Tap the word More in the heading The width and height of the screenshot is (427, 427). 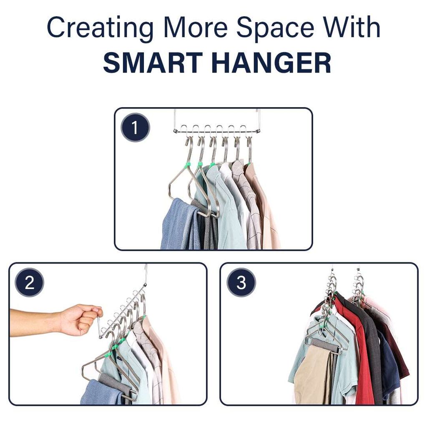196,27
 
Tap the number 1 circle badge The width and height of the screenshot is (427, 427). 136,128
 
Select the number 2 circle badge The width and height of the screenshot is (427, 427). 30,282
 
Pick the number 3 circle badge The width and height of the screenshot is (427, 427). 241,282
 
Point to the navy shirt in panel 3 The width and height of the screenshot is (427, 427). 389,365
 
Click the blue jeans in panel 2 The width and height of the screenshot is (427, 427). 101,392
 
